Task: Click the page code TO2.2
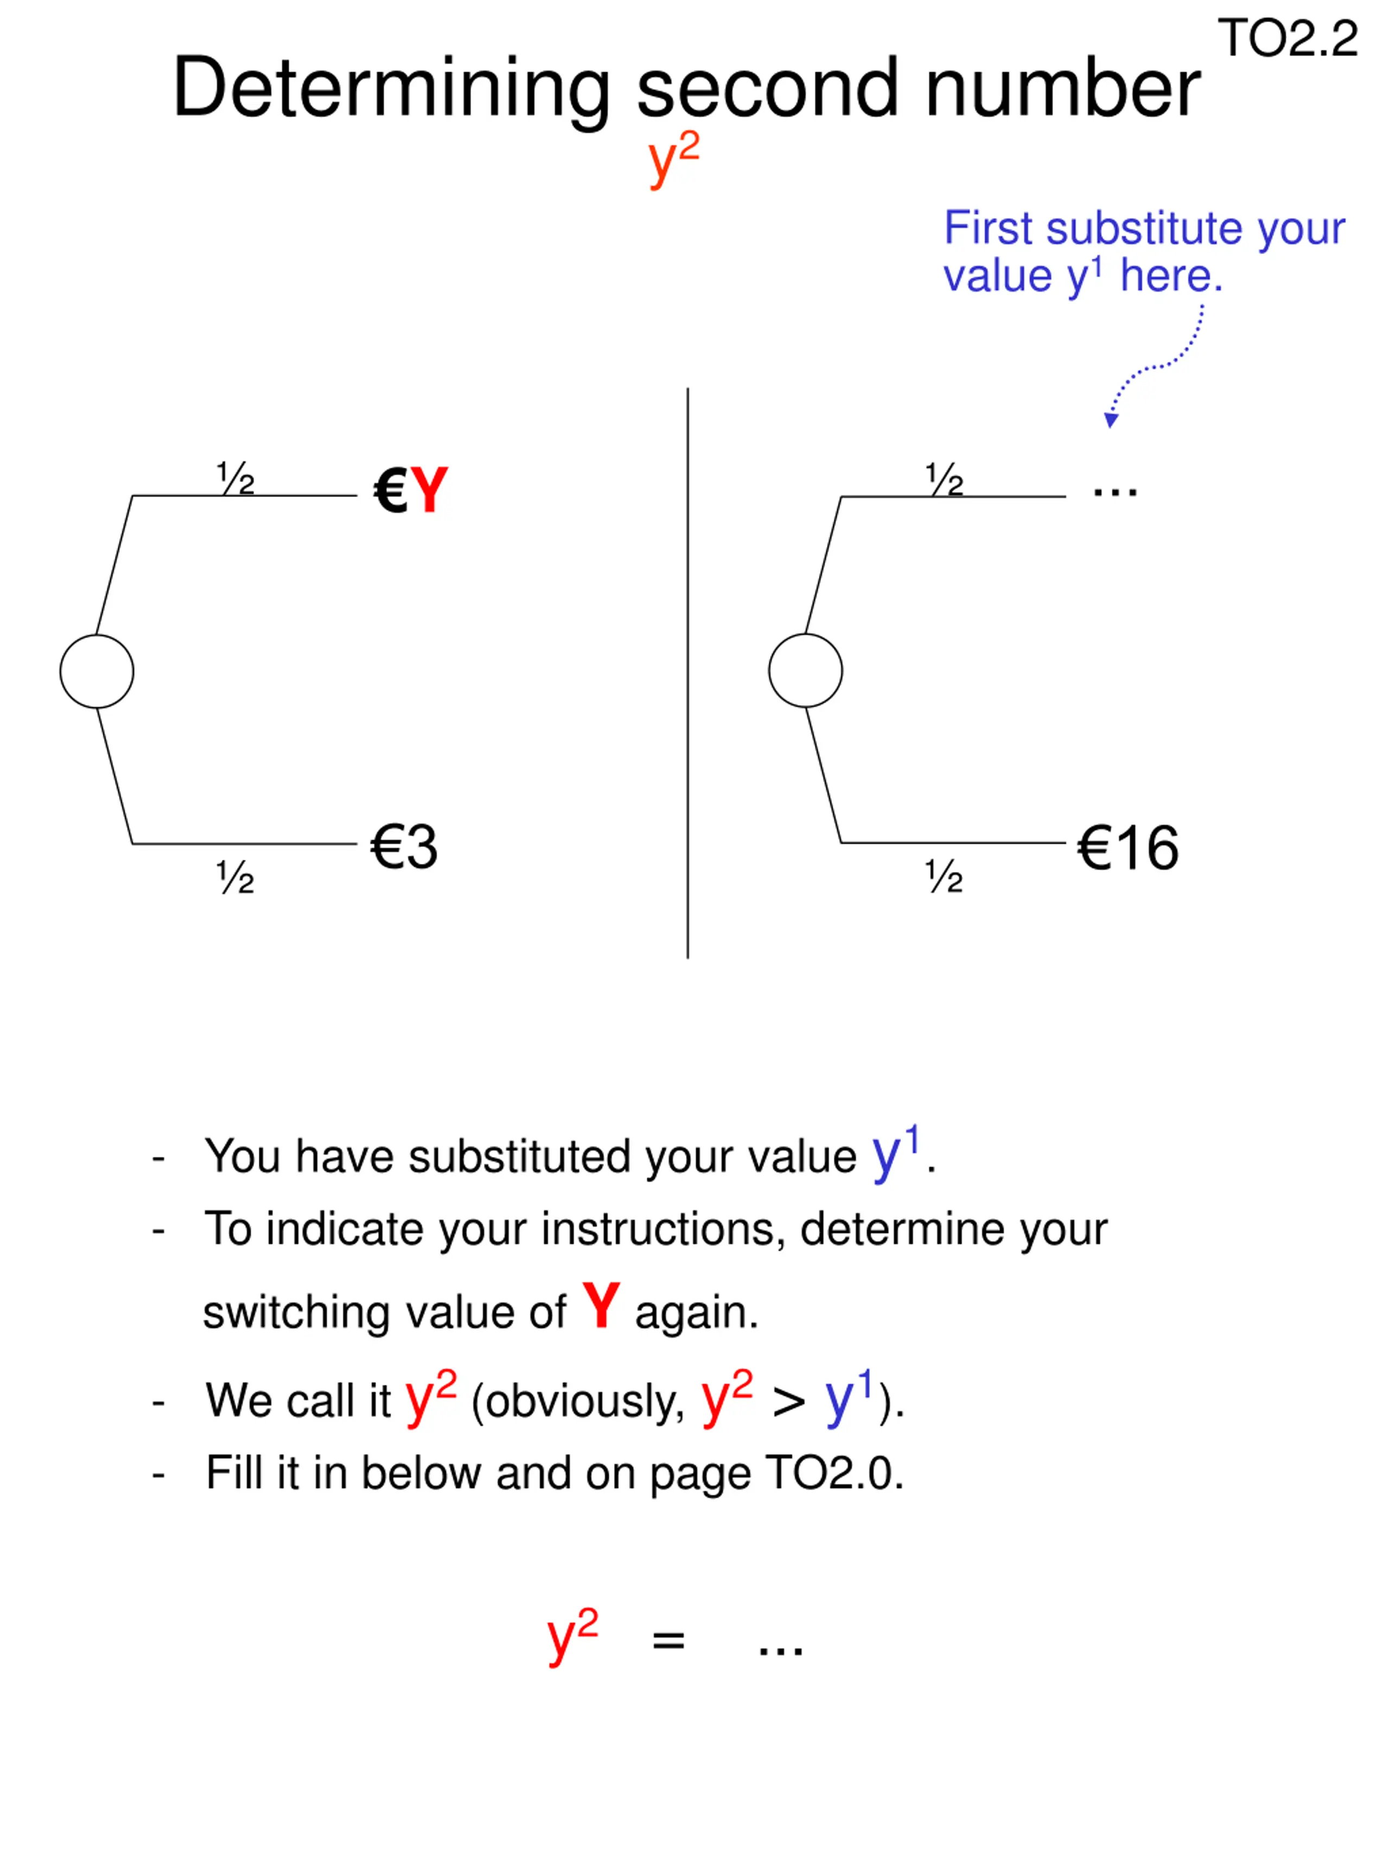pos(1287,39)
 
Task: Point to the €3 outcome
pos(404,847)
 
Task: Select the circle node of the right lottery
pos(805,671)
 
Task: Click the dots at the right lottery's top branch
pos(1114,492)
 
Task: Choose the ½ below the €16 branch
pos(944,876)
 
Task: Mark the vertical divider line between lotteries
pos(687,670)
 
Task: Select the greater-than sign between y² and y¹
pos(788,1402)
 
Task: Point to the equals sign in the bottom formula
pos(668,1640)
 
